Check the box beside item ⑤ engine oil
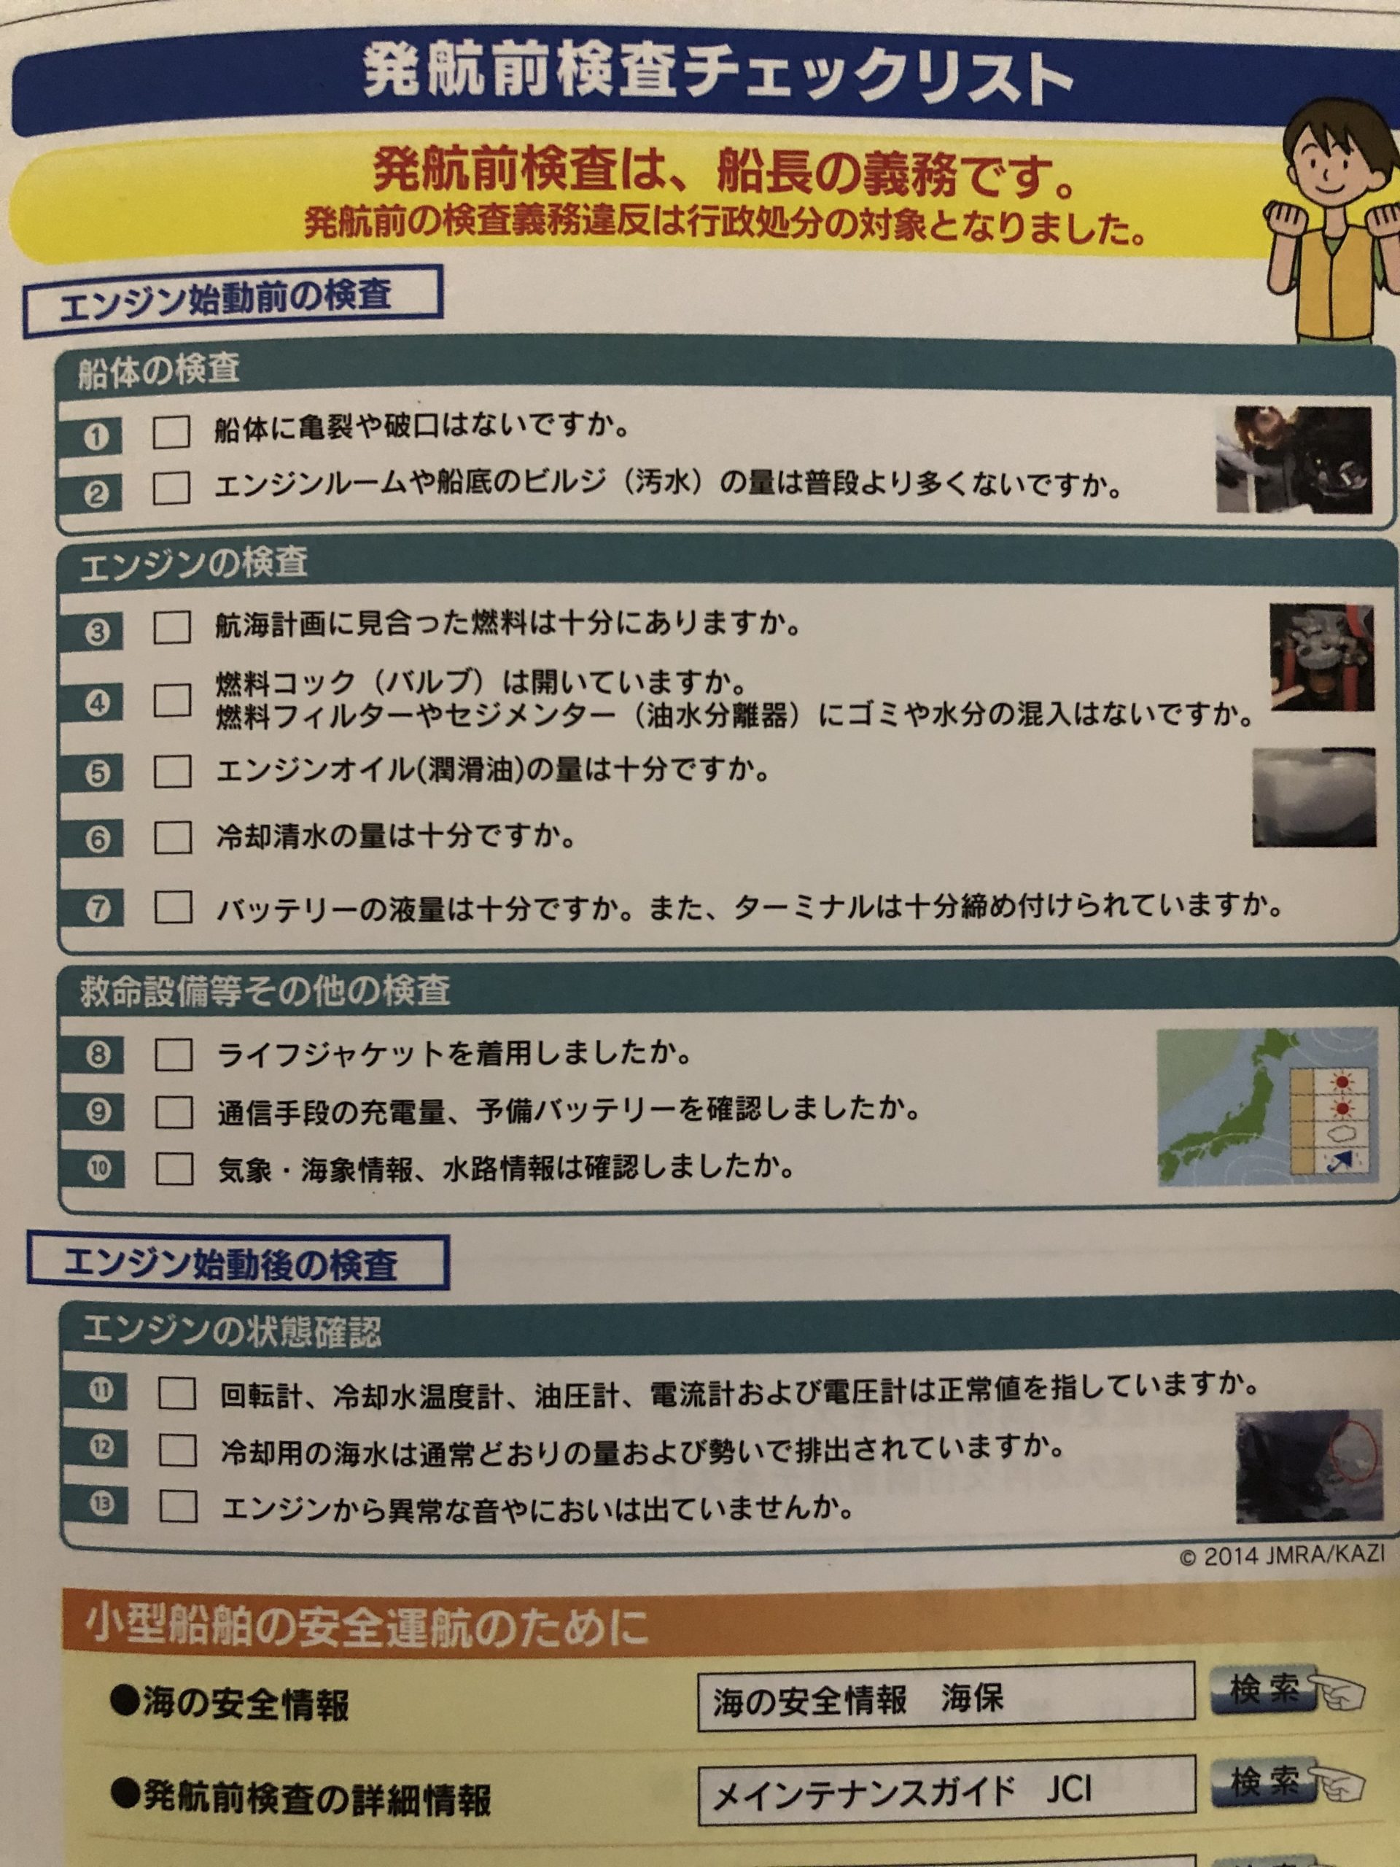point(172,771)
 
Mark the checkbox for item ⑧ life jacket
point(174,1054)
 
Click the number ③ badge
point(98,632)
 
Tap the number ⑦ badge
point(98,909)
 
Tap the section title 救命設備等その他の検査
point(265,990)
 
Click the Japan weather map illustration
point(1267,1107)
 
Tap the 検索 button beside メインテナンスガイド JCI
point(1264,1781)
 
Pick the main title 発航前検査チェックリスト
point(717,74)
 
